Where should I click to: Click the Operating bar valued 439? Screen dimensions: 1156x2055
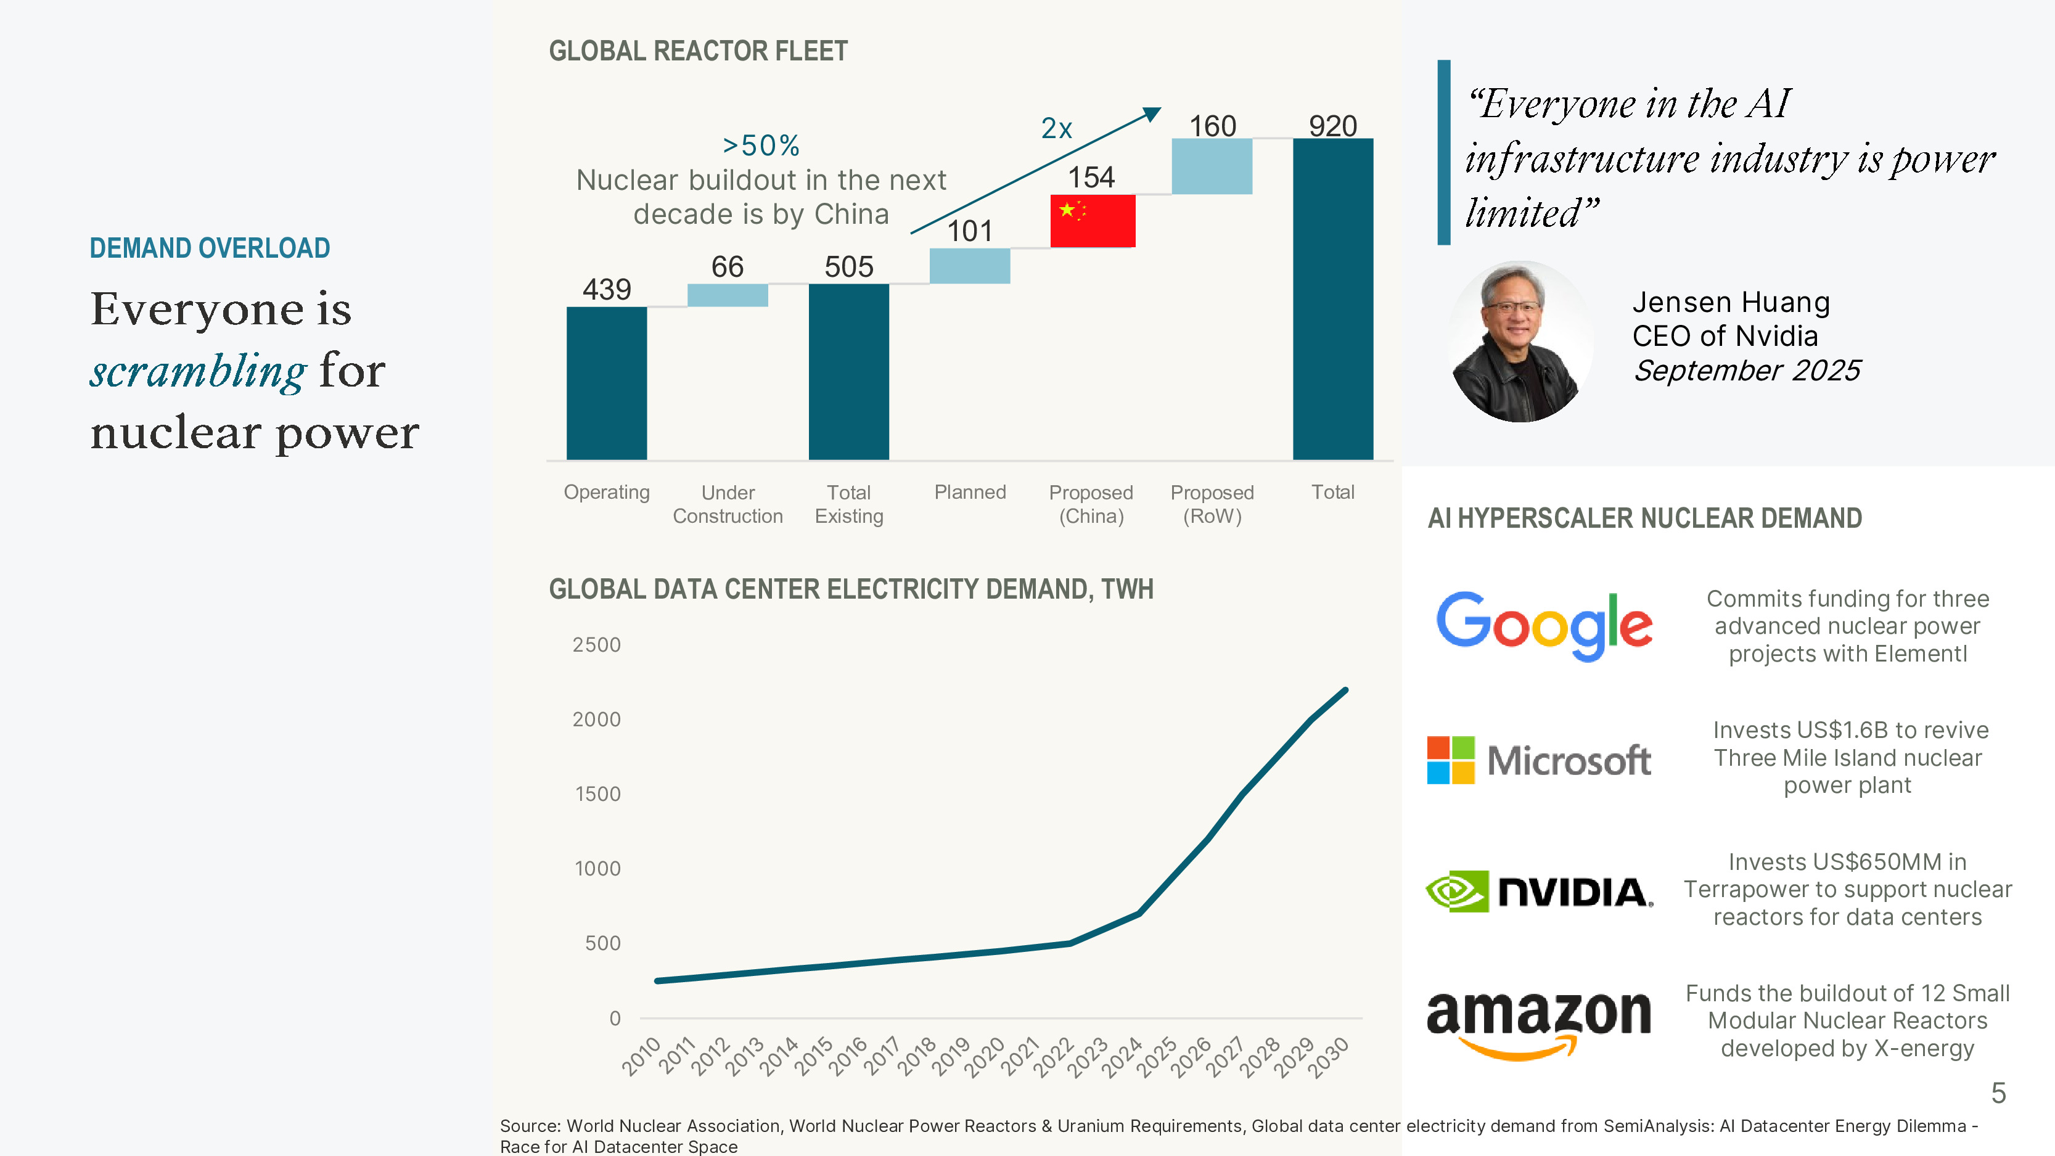point(606,383)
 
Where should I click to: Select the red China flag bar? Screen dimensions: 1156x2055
point(1092,221)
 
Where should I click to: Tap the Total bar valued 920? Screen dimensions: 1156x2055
point(1332,299)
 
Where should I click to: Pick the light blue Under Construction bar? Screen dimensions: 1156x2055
point(728,295)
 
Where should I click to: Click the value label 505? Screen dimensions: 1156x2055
point(849,266)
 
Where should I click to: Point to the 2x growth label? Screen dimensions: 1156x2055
point(1056,128)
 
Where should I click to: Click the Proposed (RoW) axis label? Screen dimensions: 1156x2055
point(1212,504)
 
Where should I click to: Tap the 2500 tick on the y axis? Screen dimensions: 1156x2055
point(596,645)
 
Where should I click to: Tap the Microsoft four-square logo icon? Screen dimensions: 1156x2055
point(1450,760)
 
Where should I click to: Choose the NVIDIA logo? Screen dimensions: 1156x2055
point(1539,891)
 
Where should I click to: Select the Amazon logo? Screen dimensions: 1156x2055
point(1538,1023)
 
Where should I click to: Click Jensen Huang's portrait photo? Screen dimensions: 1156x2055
point(1520,342)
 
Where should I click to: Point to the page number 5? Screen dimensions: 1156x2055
point(1998,1093)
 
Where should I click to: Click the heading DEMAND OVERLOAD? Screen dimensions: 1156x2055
point(210,248)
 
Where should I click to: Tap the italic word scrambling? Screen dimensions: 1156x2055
point(198,372)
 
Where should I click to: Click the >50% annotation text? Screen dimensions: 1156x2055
point(760,146)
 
